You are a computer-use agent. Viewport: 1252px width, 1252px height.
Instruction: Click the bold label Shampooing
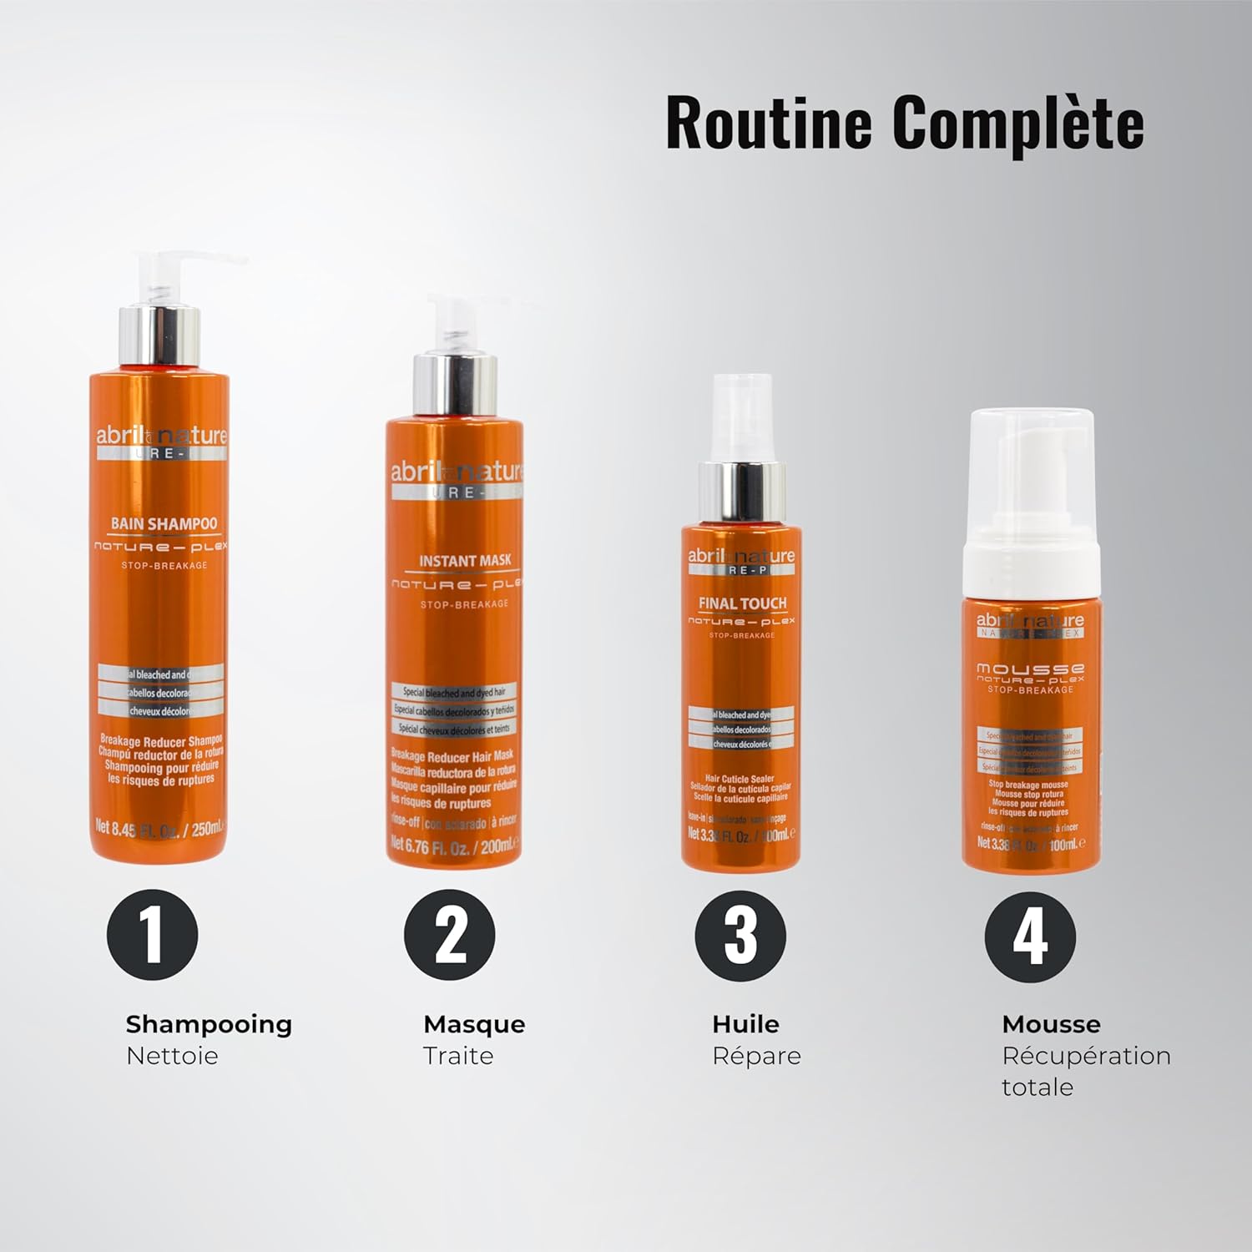tap(209, 1024)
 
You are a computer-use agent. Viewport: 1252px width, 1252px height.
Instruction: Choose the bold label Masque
tap(474, 1024)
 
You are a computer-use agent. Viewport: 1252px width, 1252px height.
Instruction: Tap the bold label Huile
tap(745, 1024)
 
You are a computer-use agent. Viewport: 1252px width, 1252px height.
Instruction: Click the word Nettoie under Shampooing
tap(172, 1056)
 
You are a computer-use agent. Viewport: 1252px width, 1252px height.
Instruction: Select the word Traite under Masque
tap(458, 1056)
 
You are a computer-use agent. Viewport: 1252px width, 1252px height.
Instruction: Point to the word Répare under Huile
tap(756, 1056)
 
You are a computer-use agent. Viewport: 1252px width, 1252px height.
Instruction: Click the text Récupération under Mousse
tap(1086, 1056)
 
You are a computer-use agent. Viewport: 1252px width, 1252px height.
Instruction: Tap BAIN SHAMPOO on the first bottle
tap(164, 524)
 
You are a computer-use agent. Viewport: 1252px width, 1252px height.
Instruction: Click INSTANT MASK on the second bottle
tap(465, 561)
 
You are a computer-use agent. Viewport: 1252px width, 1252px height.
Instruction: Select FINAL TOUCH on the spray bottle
tap(742, 603)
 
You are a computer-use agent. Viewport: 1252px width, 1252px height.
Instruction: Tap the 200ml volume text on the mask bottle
tap(497, 846)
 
